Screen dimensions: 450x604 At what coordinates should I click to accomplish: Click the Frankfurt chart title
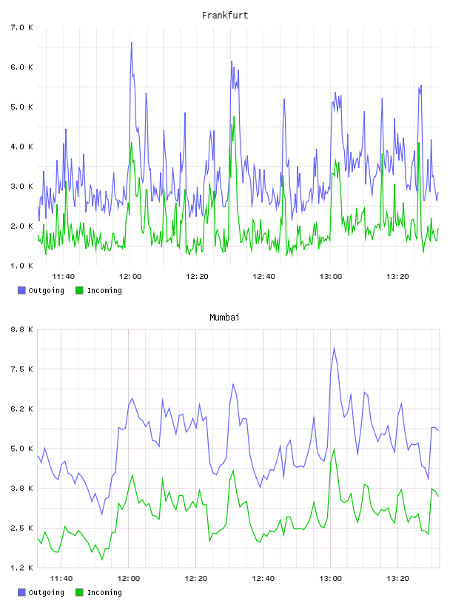[225, 16]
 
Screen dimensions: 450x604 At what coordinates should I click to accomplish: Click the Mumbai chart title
[224, 318]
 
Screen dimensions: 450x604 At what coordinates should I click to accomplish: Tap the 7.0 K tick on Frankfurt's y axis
[22, 27]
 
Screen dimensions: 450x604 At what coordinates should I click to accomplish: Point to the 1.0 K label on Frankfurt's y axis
[22, 266]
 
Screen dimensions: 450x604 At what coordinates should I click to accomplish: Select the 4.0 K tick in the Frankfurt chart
[22, 147]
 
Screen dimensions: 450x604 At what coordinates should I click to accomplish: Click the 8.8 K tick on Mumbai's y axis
[22, 329]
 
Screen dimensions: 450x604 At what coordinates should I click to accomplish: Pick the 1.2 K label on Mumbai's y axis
[22, 568]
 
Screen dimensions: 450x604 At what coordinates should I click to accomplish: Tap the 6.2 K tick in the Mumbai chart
[22, 409]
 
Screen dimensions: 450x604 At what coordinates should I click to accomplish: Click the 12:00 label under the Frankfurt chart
[130, 277]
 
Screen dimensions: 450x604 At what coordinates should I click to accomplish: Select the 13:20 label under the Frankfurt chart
[397, 277]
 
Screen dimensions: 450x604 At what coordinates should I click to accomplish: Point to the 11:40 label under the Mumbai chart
[61, 579]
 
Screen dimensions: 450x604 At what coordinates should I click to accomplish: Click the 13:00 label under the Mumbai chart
[330, 579]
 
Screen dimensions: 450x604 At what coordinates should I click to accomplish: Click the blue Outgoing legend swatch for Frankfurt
[21, 290]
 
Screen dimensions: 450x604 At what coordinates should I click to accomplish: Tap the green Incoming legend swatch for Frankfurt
[79, 290]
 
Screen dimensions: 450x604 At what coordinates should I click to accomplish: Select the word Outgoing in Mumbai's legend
[46, 592]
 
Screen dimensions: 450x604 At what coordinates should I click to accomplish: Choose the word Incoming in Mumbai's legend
[104, 592]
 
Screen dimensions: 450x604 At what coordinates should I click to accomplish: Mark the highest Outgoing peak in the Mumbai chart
[334, 347]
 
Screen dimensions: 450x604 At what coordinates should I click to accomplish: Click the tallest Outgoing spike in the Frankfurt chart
[132, 43]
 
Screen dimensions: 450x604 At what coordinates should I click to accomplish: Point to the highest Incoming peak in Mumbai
[334, 449]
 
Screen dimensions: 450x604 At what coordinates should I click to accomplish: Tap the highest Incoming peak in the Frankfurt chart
[234, 117]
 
